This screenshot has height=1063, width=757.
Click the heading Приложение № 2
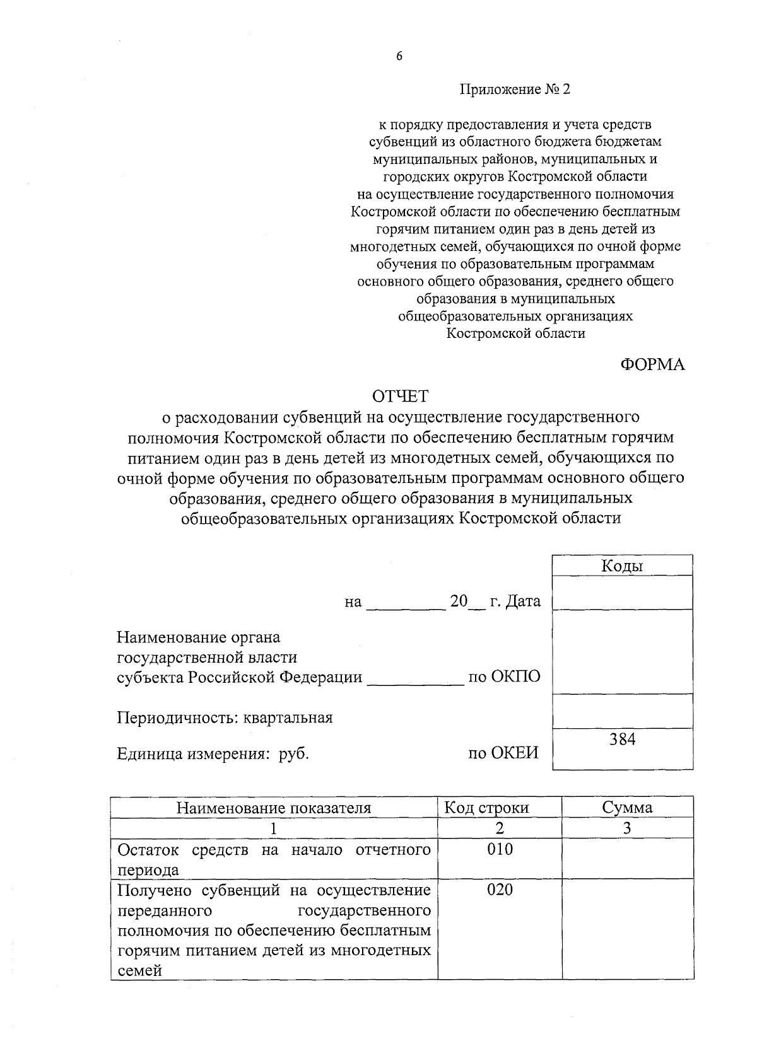tap(514, 90)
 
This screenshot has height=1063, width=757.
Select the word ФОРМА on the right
tap(652, 364)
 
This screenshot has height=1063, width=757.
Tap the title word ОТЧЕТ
tap(400, 396)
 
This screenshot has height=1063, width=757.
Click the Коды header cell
tap(622, 566)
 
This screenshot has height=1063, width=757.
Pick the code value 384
tap(622, 739)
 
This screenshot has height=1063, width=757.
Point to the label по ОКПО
tap(504, 677)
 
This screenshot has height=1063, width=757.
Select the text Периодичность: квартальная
tap(225, 717)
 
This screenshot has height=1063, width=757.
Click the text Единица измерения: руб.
tap(213, 753)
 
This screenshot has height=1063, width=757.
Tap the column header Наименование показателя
tap(273, 808)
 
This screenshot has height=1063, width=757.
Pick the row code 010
tap(500, 849)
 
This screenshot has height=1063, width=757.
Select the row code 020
tap(500, 890)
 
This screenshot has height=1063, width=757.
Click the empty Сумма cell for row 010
tap(627, 859)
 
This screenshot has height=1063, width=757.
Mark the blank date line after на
tap(406, 603)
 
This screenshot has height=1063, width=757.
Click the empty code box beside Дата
tap(622, 593)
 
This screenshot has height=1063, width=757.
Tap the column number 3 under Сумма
tap(626, 828)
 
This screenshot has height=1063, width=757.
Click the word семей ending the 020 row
tap(139, 971)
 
